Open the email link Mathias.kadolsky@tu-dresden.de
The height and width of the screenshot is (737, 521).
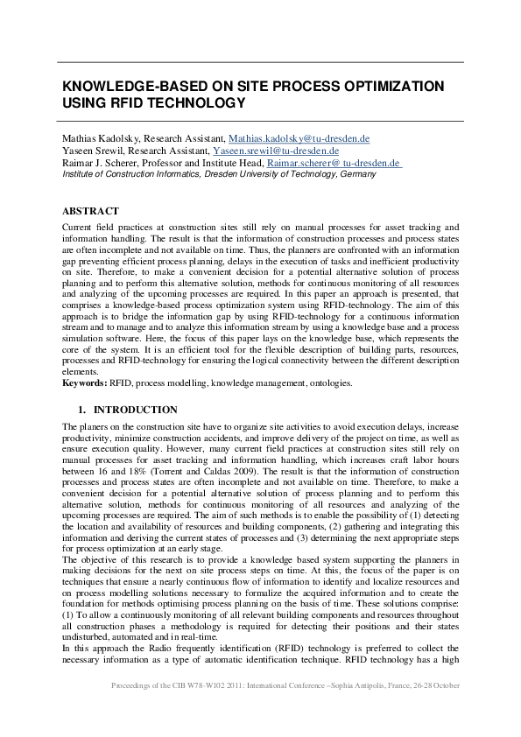tap(299, 139)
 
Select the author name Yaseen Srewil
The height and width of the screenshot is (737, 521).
tap(89, 151)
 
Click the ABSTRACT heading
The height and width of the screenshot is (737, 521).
tap(90, 212)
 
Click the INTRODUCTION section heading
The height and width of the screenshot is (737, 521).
tap(136, 410)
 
